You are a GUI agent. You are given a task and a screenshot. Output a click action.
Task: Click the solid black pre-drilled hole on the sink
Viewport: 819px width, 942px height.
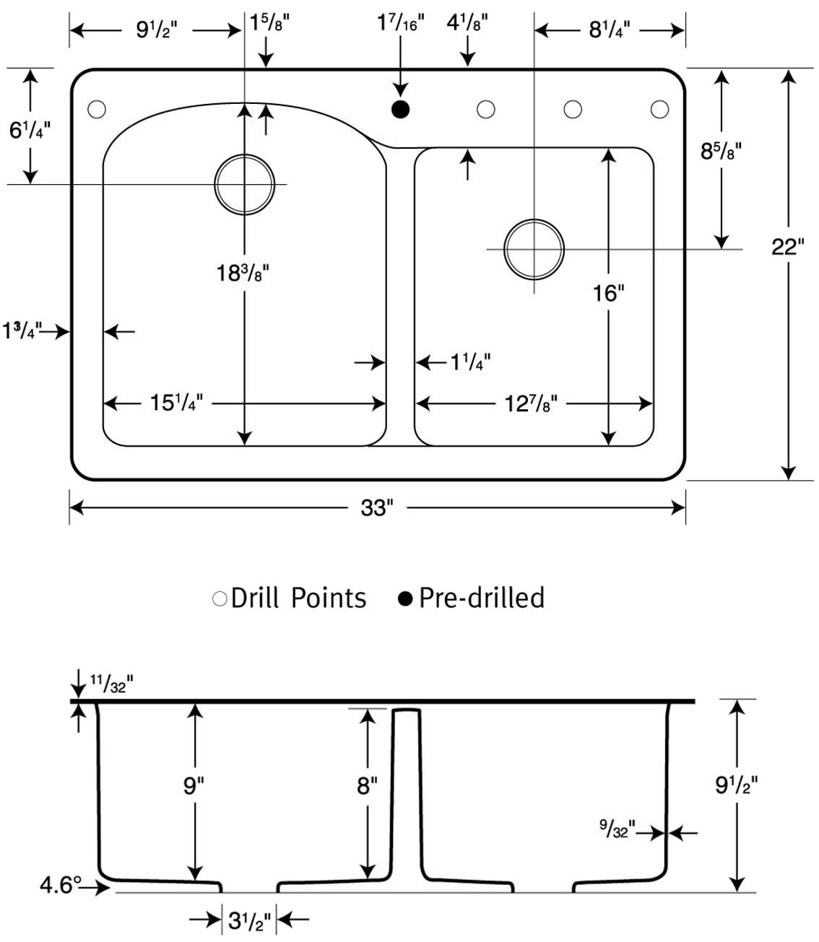(x=400, y=110)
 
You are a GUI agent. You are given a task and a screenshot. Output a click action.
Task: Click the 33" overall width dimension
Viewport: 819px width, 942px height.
(x=377, y=508)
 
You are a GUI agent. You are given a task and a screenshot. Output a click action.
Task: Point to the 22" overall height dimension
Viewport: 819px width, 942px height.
(x=788, y=248)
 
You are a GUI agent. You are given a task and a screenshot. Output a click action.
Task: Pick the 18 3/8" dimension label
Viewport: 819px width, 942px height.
(x=243, y=273)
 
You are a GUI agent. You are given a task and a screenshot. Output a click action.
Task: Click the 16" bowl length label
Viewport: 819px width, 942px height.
(x=609, y=293)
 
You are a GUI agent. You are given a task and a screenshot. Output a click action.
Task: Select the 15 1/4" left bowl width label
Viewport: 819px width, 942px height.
(x=176, y=403)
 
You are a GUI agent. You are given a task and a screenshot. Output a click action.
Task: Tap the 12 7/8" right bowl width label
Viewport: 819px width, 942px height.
(x=531, y=404)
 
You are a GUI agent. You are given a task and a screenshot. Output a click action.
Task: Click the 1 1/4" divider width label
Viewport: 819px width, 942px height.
(x=470, y=362)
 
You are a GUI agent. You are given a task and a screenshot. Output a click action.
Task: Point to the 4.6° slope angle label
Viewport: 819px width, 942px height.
(x=61, y=885)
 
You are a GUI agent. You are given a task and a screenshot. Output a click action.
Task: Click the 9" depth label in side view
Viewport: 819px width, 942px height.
(x=194, y=785)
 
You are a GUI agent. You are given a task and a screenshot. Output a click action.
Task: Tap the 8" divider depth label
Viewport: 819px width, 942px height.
(x=367, y=785)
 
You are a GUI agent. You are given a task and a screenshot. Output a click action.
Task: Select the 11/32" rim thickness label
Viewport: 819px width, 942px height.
(x=111, y=684)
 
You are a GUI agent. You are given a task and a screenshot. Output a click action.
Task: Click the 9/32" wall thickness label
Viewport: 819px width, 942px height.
(x=617, y=828)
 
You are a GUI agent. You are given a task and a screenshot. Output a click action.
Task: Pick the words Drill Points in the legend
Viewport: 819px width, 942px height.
(x=298, y=598)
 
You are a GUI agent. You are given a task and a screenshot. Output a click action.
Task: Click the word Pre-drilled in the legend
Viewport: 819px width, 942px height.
(x=482, y=598)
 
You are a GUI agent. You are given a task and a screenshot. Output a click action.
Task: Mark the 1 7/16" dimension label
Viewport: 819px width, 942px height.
(x=401, y=23)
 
